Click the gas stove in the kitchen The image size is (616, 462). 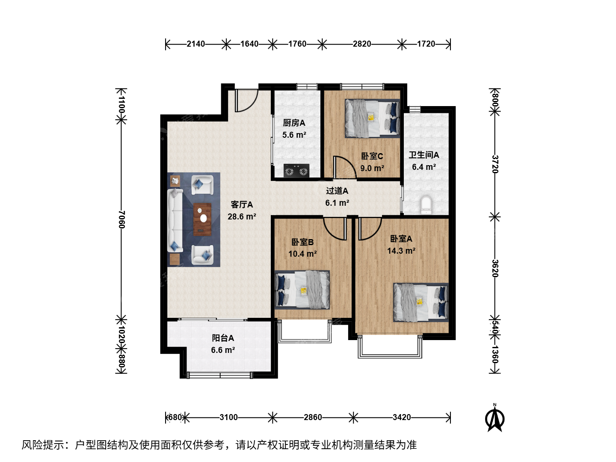(296, 171)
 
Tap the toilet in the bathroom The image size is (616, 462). (426, 205)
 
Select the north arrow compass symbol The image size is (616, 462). (495, 418)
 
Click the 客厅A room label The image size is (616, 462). (242, 204)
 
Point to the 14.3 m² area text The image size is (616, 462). (401, 251)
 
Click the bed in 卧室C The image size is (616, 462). (373, 118)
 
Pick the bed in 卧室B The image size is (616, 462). (302, 290)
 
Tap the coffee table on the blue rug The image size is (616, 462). (202, 219)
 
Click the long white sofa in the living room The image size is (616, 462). (175, 220)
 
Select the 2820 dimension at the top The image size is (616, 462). (362, 44)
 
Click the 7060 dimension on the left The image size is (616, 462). (122, 219)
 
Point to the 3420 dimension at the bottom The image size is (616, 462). (402, 418)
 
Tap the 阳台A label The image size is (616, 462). (223, 338)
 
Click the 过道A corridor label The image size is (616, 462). (337, 191)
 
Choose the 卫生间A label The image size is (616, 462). (424, 154)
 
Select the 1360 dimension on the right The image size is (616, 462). (495, 354)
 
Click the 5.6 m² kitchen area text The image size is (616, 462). (294, 135)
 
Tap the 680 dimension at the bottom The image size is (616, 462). (175, 418)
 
